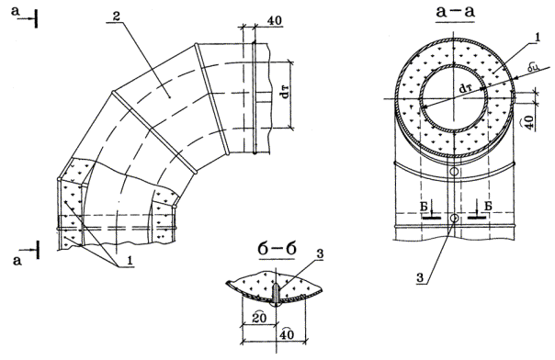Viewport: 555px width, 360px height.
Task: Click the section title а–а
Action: click(455, 12)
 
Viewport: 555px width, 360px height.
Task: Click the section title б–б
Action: click(277, 250)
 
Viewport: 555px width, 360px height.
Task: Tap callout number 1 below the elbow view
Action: click(130, 261)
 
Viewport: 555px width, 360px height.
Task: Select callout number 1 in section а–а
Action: click(537, 39)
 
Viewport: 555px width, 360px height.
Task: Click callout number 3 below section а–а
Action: click(420, 278)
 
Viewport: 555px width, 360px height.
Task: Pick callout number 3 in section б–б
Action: click(320, 254)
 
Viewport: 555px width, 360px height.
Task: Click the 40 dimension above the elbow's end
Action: click(275, 20)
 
